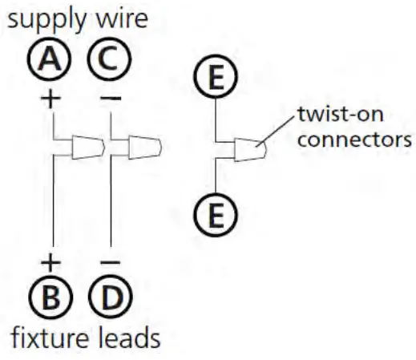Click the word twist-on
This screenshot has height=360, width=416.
pos(332,116)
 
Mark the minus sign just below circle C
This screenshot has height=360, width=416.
pos(110,99)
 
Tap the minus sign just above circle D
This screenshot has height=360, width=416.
pos(110,261)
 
